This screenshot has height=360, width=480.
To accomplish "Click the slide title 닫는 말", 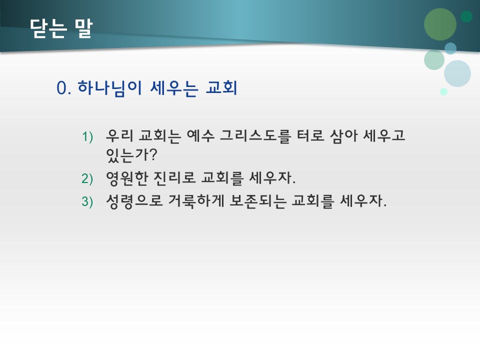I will tap(61, 28).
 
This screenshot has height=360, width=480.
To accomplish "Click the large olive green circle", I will tap(440, 24).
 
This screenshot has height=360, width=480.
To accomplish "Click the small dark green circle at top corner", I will tap(466, 16).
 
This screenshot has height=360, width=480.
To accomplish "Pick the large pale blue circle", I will tap(457, 73).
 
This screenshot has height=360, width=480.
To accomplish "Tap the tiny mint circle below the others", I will tap(443, 91).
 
